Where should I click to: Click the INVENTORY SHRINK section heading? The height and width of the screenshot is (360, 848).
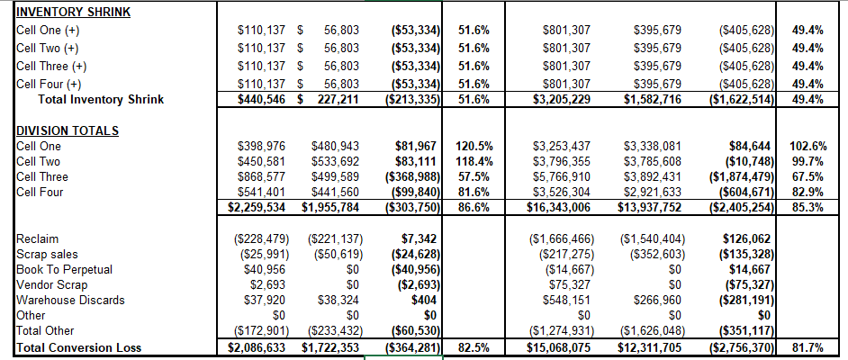pyautogui.click(x=73, y=13)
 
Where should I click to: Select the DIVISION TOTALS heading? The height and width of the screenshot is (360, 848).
pyautogui.click(x=68, y=130)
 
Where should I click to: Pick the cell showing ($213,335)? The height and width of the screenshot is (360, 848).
pyautogui.click(x=411, y=99)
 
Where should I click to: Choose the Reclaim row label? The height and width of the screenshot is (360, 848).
pyautogui.click(x=38, y=238)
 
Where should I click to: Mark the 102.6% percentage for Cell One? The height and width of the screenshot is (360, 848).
pyautogui.click(x=808, y=146)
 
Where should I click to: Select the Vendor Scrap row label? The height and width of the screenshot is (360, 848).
pyautogui.click(x=52, y=284)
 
